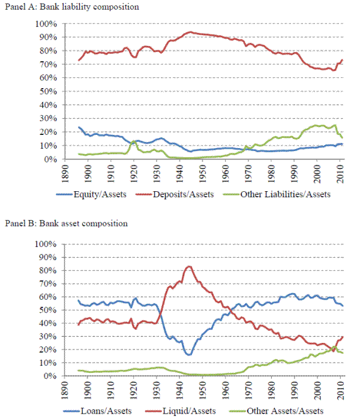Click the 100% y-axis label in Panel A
tap(46, 24)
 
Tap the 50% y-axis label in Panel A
tap(47, 92)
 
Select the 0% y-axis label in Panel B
tap(50, 376)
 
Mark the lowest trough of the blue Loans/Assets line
tap(189, 355)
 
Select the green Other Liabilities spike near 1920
tap(132, 141)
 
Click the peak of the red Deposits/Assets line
tap(191, 32)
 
